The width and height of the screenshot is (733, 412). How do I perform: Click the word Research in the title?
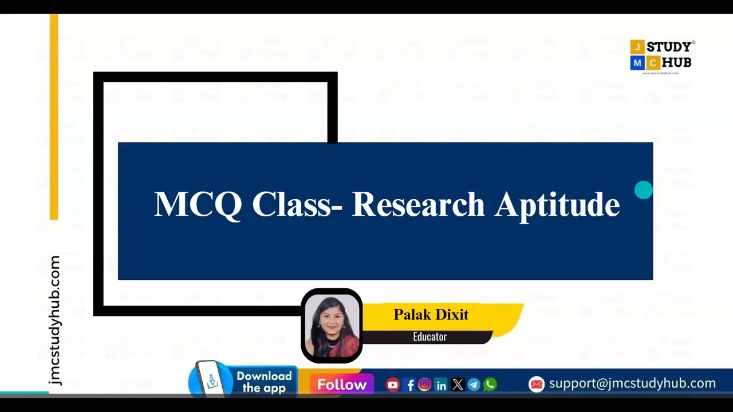click(x=418, y=204)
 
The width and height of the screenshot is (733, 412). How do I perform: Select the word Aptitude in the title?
click(x=557, y=204)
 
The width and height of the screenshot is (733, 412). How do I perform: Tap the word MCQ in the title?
click(x=198, y=204)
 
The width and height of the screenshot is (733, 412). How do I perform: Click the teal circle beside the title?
click(x=644, y=190)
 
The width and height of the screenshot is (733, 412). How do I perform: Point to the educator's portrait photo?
click(x=332, y=326)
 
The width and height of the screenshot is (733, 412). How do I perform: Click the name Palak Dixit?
click(x=431, y=315)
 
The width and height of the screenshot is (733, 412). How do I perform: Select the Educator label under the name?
click(x=429, y=336)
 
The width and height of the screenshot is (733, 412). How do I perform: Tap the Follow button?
click(x=342, y=385)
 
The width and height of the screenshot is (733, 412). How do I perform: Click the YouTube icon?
click(x=392, y=385)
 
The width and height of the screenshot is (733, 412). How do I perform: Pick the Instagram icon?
click(x=424, y=385)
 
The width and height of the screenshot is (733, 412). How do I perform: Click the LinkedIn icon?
click(x=441, y=385)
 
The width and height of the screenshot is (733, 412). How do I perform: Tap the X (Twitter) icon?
click(x=458, y=385)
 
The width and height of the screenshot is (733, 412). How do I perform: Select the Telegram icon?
click(x=474, y=385)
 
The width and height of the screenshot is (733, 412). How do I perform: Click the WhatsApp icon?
click(x=490, y=385)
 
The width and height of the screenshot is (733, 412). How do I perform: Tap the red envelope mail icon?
click(x=536, y=384)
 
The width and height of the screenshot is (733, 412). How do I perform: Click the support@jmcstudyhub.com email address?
click(x=632, y=383)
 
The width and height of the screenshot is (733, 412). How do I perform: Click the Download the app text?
click(x=264, y=382)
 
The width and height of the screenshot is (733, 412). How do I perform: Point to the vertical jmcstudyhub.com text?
click(x=55, y=320)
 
